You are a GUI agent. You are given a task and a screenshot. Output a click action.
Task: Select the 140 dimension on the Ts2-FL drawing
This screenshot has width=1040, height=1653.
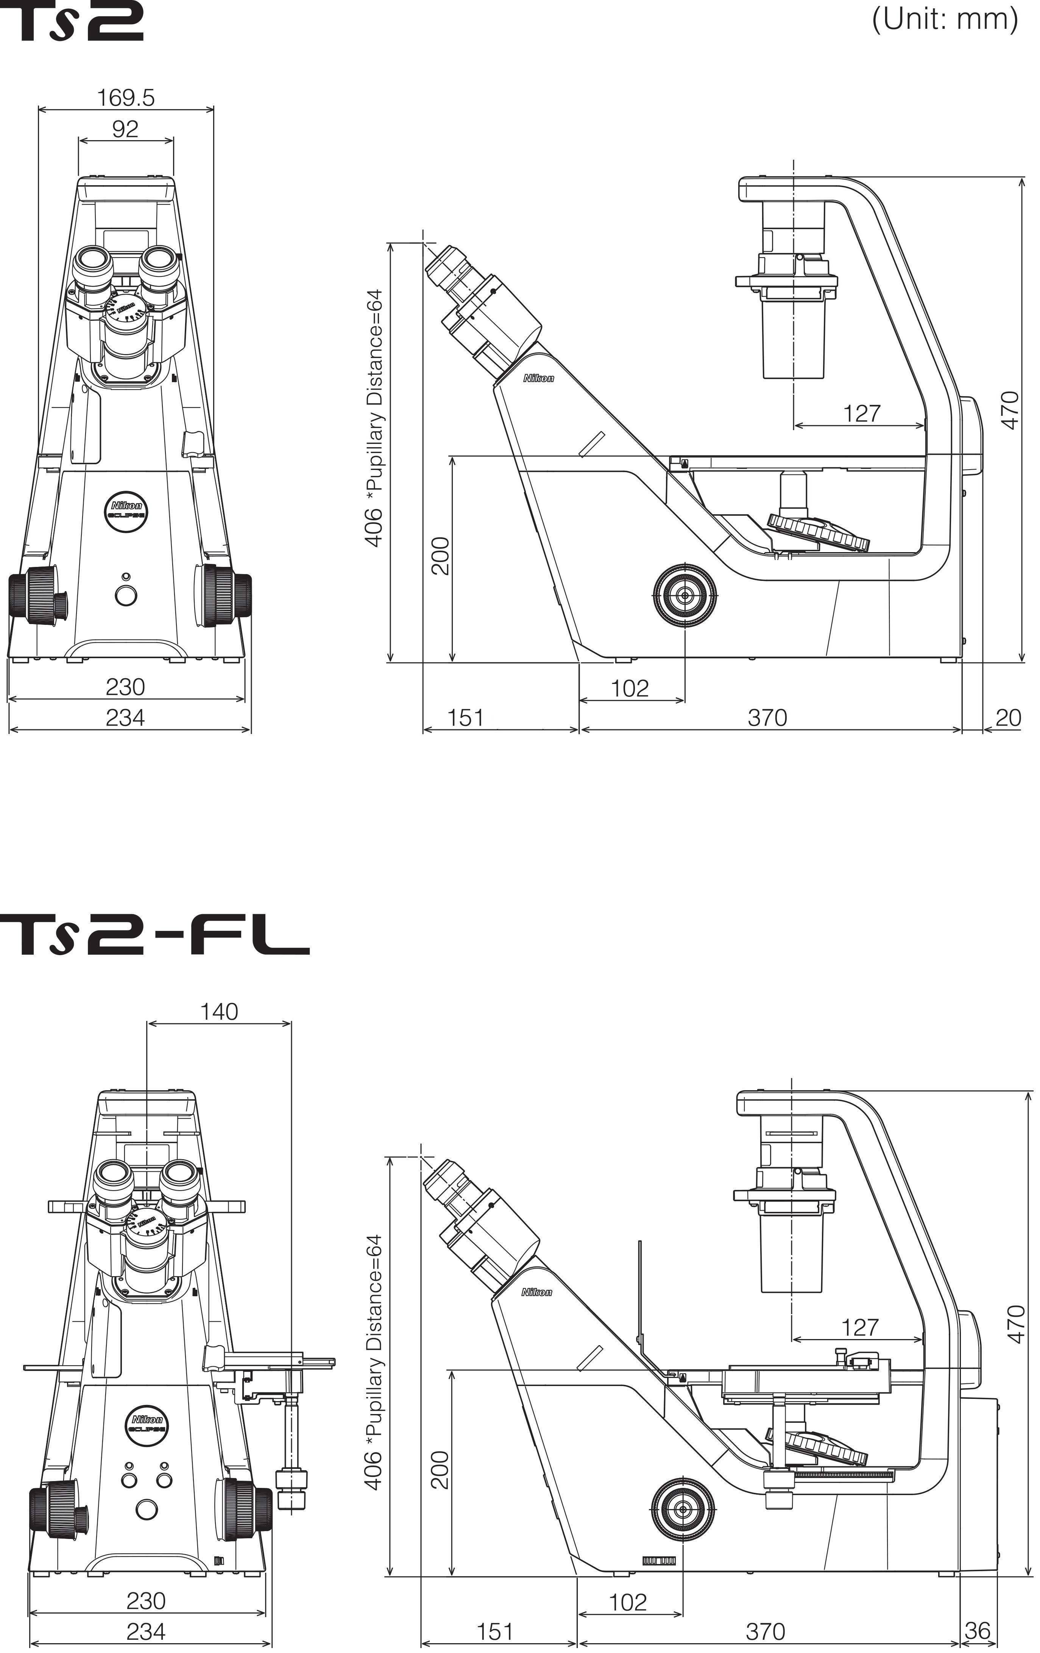pos(219,1011)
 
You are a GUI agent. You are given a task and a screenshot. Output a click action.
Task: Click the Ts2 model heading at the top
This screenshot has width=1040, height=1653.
pos(72,20)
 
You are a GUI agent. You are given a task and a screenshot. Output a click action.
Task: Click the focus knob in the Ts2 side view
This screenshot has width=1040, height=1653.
pos(684,595)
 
